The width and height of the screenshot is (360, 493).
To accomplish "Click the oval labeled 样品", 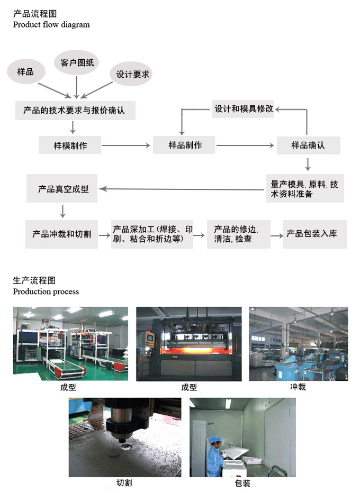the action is tap(26, 71).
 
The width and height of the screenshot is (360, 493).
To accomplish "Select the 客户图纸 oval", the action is tap(77, 62).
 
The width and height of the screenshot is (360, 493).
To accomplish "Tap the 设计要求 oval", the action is tap(131, 74).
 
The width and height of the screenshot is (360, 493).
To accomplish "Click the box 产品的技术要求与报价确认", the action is tap(75, 111).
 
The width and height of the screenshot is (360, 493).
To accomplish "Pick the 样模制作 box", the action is tap(70, 145).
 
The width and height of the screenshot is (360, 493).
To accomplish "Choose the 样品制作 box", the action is tap(184, 145).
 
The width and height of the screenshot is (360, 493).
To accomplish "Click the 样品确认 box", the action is tap(309, 145).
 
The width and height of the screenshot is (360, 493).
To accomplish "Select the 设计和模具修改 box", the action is tap(243, 109).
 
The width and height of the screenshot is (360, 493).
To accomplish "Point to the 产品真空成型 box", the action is tap(62, 188).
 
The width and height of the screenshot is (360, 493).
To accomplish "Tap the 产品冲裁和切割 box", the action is tap(62, 234).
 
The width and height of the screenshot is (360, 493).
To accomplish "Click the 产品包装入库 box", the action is tap(315, 234).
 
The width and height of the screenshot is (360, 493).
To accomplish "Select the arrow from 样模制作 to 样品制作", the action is tap(126, 145).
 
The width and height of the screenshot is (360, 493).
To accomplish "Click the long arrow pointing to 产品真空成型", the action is tap(182, 189).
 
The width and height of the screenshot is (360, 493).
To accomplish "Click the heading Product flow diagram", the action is tap(51, 24).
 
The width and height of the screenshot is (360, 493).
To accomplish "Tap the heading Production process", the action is tap(46, 291).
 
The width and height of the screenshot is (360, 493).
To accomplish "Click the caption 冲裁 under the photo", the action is tap(298, 387).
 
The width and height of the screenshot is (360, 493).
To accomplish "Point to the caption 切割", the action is tap(124, 482).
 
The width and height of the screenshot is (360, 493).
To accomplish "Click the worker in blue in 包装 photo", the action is tap(215, 456).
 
